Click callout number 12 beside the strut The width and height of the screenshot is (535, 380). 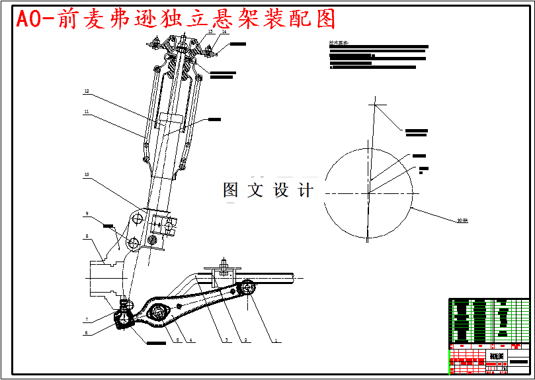(86, 91)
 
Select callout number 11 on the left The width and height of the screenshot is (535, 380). (86, 112)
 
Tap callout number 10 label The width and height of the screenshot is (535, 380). (86, 175)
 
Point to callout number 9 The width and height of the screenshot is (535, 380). (86, 214)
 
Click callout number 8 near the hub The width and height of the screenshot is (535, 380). (86, 236)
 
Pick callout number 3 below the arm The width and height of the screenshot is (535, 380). (226, 340)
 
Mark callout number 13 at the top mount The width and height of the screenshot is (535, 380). (210, 31)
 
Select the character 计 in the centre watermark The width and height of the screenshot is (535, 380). (305, 191)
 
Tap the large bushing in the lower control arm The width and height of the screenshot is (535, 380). (158, 313)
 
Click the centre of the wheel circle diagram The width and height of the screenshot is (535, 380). (368, 193)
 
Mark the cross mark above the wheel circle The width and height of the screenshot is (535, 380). (377, 105)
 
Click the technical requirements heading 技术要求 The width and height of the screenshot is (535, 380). (338, 44)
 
